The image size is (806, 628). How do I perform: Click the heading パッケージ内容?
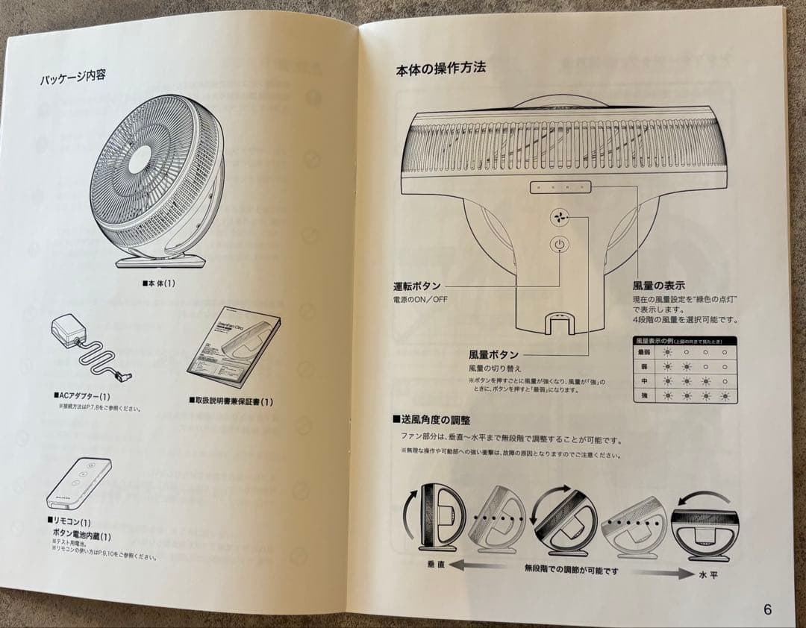(72, 76)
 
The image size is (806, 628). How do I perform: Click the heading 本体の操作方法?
(440, 69)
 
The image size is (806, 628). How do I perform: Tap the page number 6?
(768, 609)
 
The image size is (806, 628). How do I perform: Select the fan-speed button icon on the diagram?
(559, 217)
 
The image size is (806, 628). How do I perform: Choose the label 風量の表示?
(658, 286)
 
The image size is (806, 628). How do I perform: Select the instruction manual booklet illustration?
(232, 349)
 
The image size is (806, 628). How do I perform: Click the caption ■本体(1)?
(158, 283)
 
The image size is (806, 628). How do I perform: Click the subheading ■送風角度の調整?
(431, 420)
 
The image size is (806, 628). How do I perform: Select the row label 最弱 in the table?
(644, 352)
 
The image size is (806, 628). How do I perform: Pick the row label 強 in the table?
(644, 395)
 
